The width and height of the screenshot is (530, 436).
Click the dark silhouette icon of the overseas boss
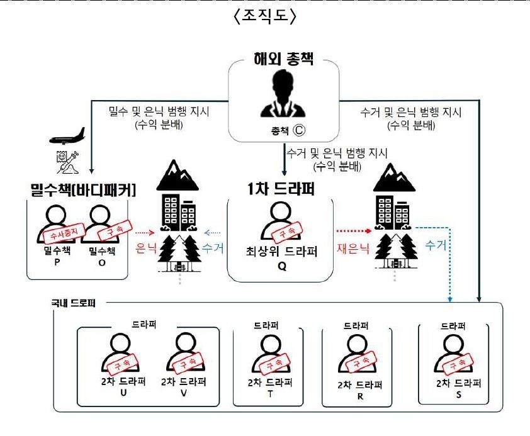pos(282,98)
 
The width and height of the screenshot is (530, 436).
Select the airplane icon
pos(65,135)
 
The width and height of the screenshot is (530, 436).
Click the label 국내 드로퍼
pos(73,302)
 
